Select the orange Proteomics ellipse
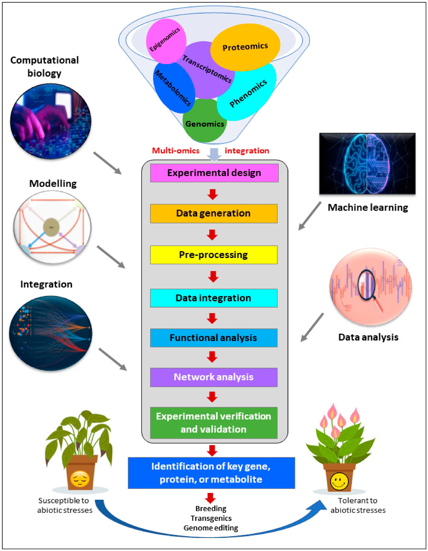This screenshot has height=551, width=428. click(245, 47)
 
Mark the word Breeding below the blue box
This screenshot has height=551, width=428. click(211, 509)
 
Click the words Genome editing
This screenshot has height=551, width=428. click(211, 528)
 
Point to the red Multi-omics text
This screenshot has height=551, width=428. click(176, 151)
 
